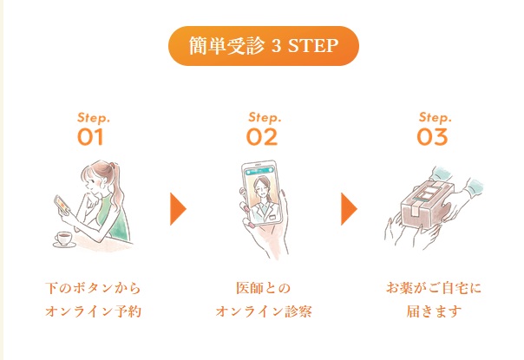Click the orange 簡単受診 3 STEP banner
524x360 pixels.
tap(264, 46)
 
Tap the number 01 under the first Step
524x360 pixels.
tap(90, 137)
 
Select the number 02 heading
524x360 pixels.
tap(262, 137)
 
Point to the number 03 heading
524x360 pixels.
tap(432, 137)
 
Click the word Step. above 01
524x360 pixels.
tap(94, 118)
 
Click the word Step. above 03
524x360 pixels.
tap(436, 118)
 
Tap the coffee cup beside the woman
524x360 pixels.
tap(64, 239)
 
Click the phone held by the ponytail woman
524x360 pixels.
tap(62, 204)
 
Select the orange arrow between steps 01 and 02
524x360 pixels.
tap(178, 209)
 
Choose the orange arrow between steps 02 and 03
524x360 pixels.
tap(349, 209)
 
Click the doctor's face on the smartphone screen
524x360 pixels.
tap(261, 187)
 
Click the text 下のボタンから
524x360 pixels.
tap(93, 288)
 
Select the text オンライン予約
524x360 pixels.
tap(93, 311)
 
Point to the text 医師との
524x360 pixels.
tap(264, 288)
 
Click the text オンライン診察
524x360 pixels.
tap(264, 311)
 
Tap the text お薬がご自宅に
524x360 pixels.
tap(434, 288)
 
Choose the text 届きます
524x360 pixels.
tap(434, 311)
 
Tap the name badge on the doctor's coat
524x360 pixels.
tap(273, 217)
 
